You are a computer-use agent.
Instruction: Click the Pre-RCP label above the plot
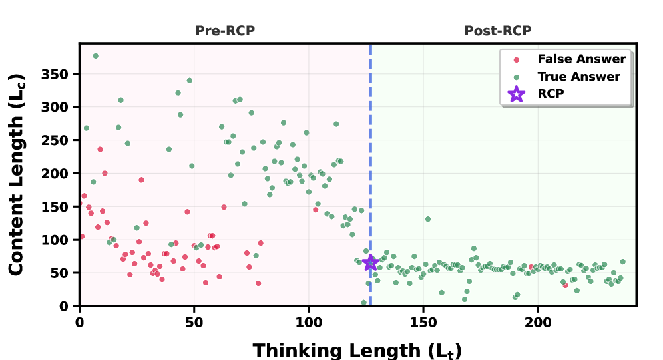(x=225, y=31)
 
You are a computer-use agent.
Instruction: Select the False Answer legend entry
(x=581, y=59)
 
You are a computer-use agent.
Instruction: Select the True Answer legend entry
(x=578, y=77)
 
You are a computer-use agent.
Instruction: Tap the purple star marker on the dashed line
(x=371, y=263)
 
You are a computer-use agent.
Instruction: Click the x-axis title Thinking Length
(x=357, y=349)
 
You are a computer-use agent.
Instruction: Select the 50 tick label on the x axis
(x=194, y=319)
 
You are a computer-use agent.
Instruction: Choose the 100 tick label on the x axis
(x=308, y=319)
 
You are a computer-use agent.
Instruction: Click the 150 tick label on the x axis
(x=423, y=319)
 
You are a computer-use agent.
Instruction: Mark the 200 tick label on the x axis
(x=538, y=319)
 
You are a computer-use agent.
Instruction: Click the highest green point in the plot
(x=95, y=56)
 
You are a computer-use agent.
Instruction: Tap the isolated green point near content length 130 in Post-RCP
(x=428, y=219)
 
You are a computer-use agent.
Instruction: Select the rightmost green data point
(x=622, y=262)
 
